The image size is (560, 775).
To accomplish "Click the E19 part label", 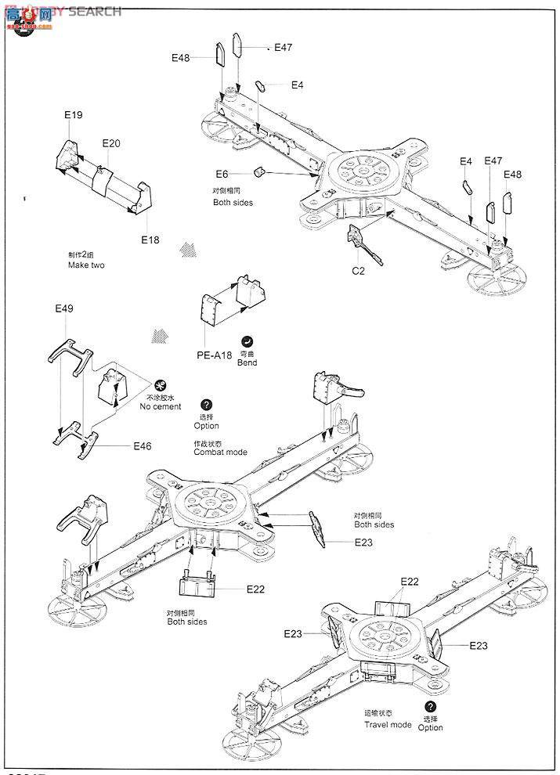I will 73,115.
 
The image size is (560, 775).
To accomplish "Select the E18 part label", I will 150,240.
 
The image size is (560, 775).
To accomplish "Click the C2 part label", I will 358,272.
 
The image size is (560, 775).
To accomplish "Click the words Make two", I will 85,265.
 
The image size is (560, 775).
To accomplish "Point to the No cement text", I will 160,406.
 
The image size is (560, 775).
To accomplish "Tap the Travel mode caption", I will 387,725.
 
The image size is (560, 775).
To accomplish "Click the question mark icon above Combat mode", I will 206,405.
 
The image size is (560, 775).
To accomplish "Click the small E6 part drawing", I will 260,171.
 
